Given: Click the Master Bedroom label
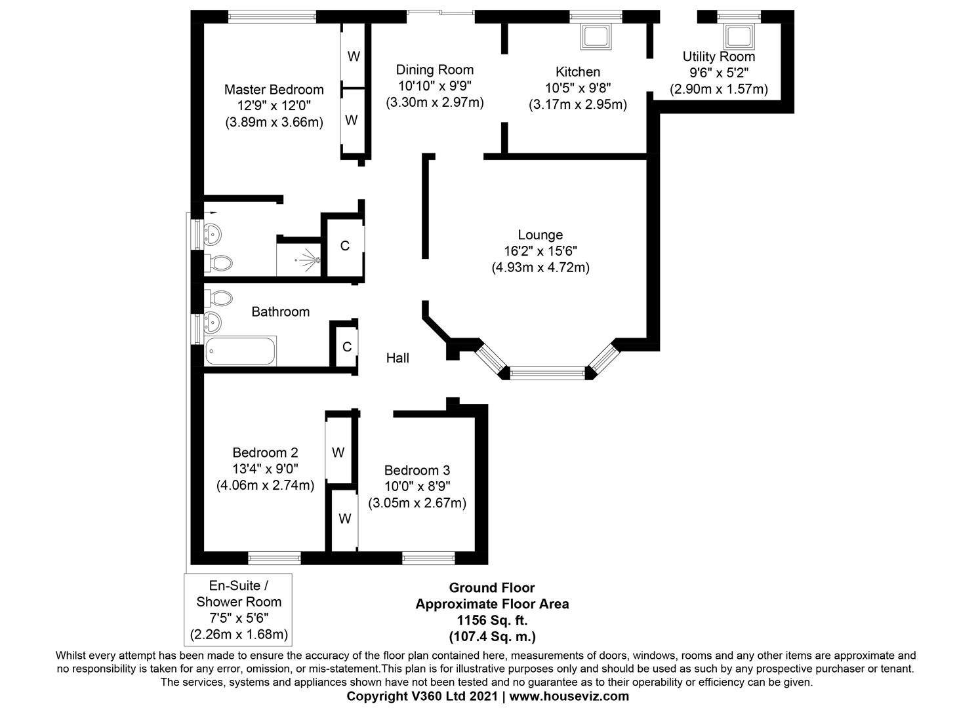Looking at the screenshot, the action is [x=274, y=90].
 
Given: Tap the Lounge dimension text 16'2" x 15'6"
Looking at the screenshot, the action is [x=540, y=250].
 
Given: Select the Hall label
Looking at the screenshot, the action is [x=397, y=358].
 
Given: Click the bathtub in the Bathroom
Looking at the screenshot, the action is [x=240, y=351].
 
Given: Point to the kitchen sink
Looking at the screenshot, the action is [x=596, y=37].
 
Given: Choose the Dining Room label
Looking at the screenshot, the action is [x=434, y=70].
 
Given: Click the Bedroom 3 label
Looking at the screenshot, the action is [x=417, y=470].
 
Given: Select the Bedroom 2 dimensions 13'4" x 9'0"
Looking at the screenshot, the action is [x=265, y=469].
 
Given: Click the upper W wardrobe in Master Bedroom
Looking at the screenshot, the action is [x=354, y=56].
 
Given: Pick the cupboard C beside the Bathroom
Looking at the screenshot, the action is [x=346, y=347].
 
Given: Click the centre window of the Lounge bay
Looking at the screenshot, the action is [x=546, y=374].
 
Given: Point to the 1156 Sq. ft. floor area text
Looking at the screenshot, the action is [x=492, y=619].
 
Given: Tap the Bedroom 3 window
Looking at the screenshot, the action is [x=428, y=558].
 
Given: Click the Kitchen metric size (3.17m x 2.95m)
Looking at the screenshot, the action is [x=577, y=104].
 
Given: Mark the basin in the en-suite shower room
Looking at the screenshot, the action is [x=213, y=232].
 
